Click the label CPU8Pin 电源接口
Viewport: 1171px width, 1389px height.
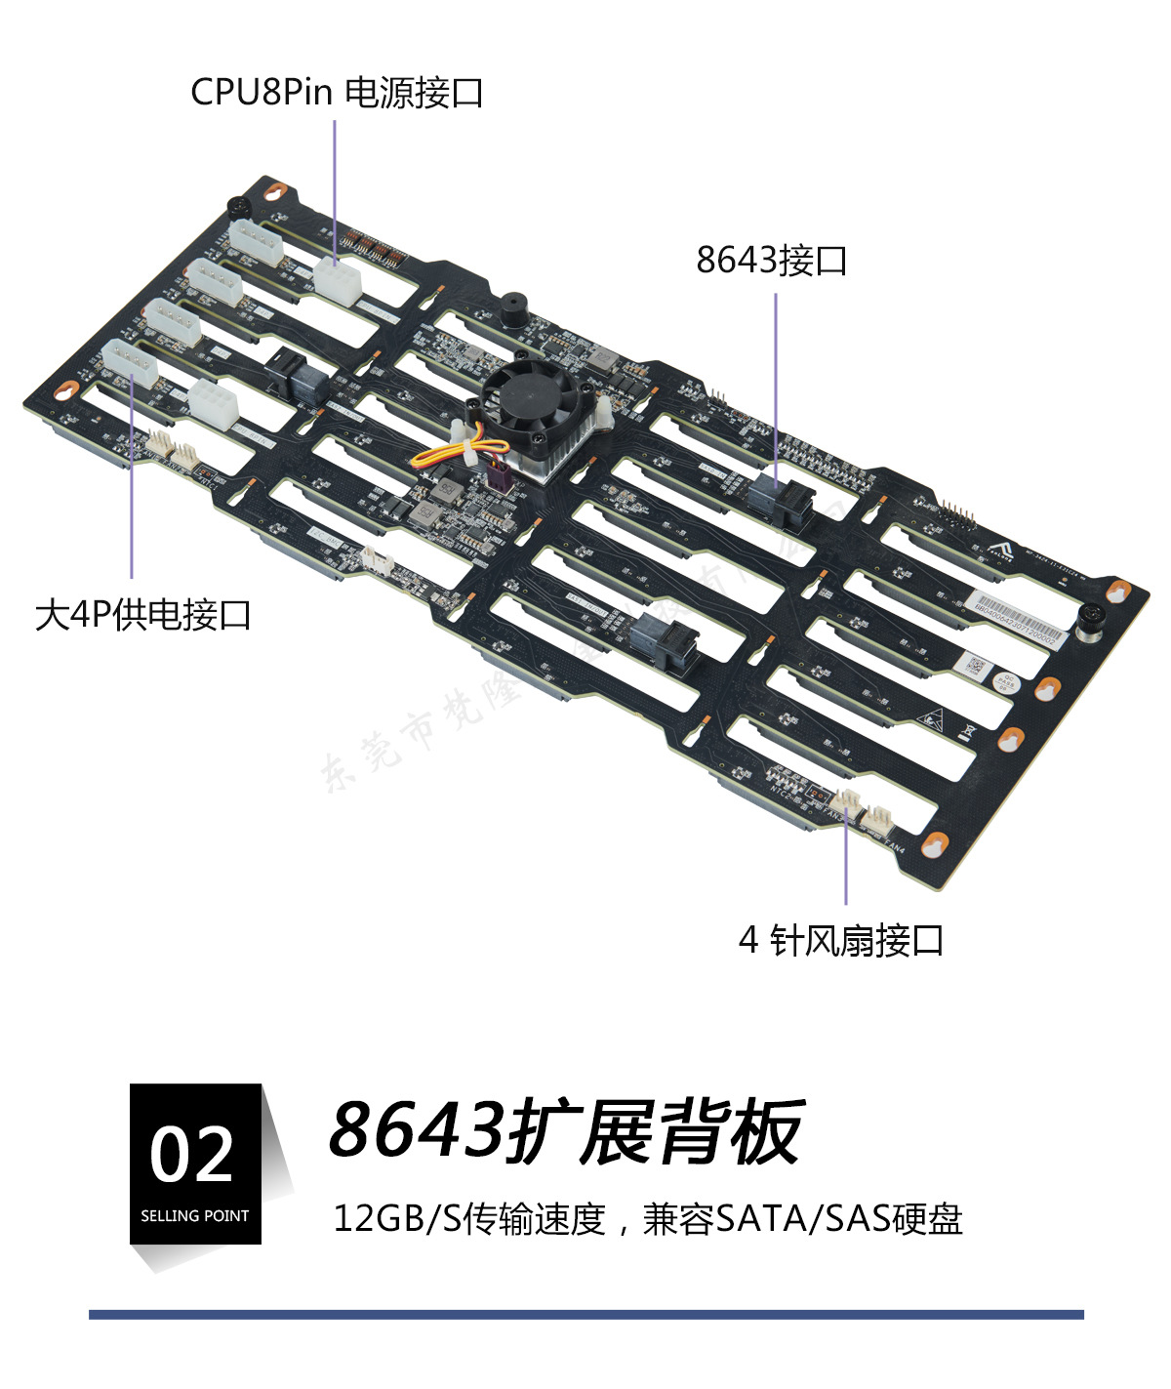(337, 93)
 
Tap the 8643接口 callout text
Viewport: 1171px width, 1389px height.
(771, 261)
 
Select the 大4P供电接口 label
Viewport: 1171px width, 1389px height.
(143, 615)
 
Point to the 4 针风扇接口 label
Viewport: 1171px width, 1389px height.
(841, 940)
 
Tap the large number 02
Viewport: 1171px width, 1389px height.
(192, 1155)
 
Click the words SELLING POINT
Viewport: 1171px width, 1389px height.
(194, 1216)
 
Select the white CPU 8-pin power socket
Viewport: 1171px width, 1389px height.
(337, 280)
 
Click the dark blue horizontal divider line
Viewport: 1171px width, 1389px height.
(585, 1315)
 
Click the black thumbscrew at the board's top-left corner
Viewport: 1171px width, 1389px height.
(237, 207)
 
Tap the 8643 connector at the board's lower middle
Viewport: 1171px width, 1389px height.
(664, 641)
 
